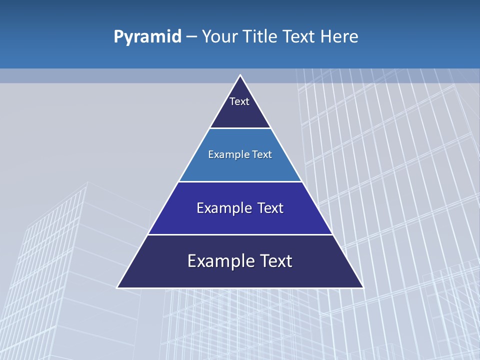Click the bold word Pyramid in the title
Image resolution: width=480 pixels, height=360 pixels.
tap(147, 37)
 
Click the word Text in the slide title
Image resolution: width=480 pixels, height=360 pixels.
tap(299, 37)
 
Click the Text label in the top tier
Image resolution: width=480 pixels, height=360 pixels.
tap(239, 101)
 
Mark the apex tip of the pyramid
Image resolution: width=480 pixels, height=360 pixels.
tap(240, 75)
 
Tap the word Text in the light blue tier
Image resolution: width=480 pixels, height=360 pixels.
tap(262, 154)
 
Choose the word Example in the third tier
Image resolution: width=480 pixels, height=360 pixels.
tap(222, 208)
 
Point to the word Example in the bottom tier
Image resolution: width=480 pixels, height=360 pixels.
tap(217, 261)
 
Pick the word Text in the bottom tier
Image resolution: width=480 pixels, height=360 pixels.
tap(276, 261)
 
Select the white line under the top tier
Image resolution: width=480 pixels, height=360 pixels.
tap(240, 128)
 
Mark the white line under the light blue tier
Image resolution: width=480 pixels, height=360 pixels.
tap(240, 181)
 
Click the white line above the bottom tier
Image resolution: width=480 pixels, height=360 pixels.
tap(240, 234)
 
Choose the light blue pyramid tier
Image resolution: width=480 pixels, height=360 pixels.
tap(240, 167)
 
